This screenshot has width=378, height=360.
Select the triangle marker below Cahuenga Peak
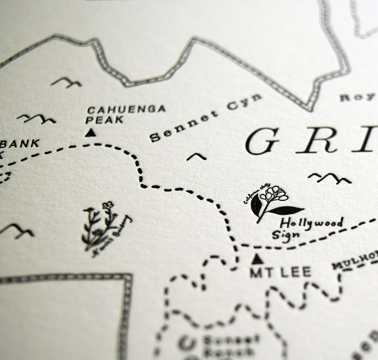click(90, 133)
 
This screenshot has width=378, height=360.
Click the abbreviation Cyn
click(244, 101)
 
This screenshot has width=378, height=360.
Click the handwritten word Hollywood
click(311, 223)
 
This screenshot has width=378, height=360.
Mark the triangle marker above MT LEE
click(257, 259)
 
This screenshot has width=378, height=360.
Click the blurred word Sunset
click(231, 340)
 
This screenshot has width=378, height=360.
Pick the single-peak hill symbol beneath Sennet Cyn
click(197, 157)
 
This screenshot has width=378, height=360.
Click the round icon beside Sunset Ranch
click(187, 343)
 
